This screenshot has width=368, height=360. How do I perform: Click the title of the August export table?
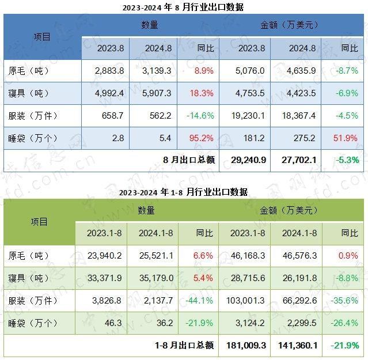click(x=184, y=7)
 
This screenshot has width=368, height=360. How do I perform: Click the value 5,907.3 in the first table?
click(x=153, y=93)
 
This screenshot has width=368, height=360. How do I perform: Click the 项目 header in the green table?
click(x=40, y=222)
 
